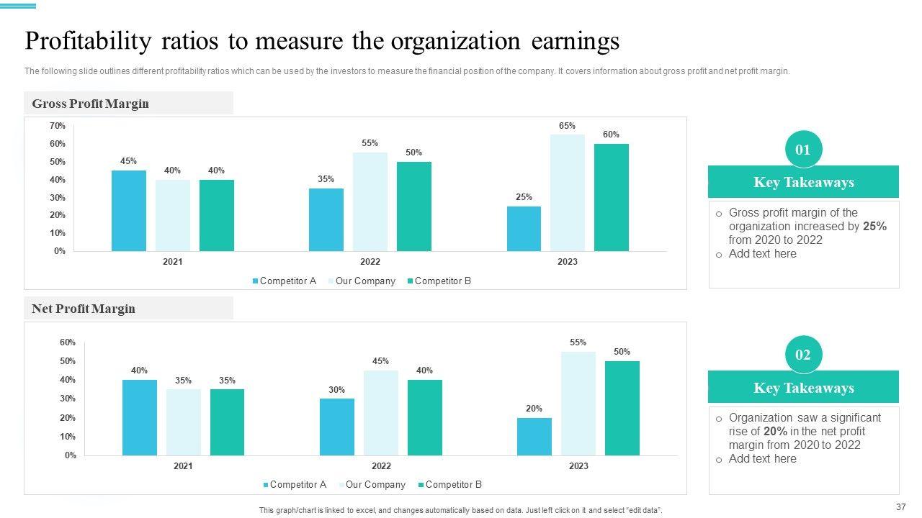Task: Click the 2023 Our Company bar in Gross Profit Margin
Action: [568, 193]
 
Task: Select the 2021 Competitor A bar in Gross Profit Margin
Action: [129, 211]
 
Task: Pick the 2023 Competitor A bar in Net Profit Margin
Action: [534, 437]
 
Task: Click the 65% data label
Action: [567, 126]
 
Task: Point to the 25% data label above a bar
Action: [524, 197]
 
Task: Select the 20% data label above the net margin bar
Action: [534, 409]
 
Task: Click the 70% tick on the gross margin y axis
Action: [58, 126]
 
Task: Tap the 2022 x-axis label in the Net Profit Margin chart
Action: [381, 466]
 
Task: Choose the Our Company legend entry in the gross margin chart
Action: [364, 281]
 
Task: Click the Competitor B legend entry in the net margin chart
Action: [453, 485]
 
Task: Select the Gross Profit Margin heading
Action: [91, 104]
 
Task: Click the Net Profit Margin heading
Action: [84, 309]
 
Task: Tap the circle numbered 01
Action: [803, 150]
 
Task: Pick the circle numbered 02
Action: [803, 355]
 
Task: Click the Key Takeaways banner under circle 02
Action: [803, 388]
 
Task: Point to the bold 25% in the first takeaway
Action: [874, 227]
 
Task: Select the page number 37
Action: [900, 506]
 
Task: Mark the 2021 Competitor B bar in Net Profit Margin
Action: [227, 422]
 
